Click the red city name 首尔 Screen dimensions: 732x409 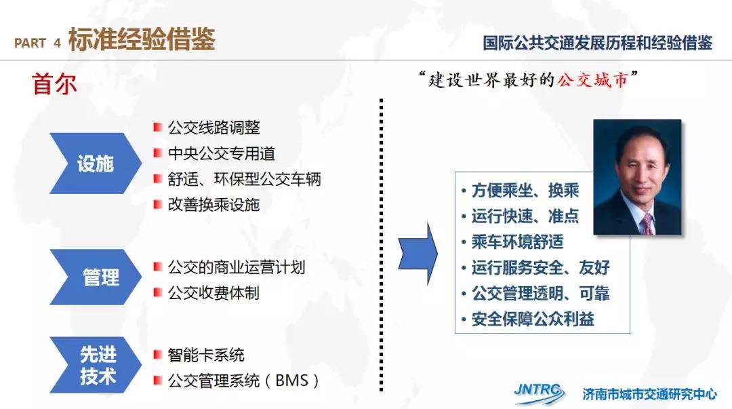(54, 85)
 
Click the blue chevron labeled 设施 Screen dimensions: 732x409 (96, 163)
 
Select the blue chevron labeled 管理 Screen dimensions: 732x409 (96, 277)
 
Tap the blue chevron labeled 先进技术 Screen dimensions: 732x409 (96, 365)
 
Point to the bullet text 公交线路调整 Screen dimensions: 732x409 (213, 127)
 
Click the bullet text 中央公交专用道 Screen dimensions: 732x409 (221, 153)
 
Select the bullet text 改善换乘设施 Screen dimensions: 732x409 (213, 204)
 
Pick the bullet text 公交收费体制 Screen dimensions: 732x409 (213, 293)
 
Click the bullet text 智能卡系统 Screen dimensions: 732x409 (206, 355)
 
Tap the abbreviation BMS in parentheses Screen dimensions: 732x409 (291, 381)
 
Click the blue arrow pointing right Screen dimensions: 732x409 (418, 254)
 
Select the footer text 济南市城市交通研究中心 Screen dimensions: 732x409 (649, 394)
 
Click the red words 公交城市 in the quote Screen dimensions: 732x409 (592, 81)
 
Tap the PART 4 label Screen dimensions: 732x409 (37, 43)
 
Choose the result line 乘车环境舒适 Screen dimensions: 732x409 (517, 241)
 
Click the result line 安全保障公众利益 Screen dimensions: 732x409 (533, 319)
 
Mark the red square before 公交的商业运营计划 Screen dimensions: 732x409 (158, 267)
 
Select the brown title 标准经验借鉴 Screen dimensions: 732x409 (142, 39)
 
